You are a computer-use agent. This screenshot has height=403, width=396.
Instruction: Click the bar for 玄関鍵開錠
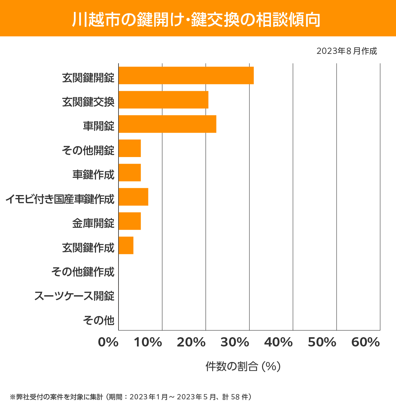pyautogui.click(x=186, y=75)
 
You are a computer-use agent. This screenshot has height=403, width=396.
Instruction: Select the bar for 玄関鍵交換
pyautogui.click(x=163, y=100)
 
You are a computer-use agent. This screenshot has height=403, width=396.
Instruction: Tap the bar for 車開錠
pyautogui.click(x=167, y=124)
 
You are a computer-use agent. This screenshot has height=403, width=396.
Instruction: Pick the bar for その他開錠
pyautogui.click(x=130, y=148)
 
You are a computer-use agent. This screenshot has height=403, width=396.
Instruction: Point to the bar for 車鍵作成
pyautogui.click(x=130, y=173)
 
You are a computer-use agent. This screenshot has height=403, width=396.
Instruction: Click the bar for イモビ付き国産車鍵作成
pyautogui.click(x=133, y=197)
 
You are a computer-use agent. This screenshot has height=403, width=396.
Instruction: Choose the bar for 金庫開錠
pyautogui.click(x=130, y=221)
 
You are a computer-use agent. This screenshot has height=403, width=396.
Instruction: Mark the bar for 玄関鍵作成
pyautogui.click(x=126, y=245)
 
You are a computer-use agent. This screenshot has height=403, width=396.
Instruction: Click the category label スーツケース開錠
pyautogui.click(x=75, y=296)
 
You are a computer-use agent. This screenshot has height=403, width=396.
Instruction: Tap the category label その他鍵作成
pyautogui.click(x=83, y=271)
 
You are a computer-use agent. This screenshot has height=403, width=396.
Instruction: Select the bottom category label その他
pyautogui.click(x=99, y=320)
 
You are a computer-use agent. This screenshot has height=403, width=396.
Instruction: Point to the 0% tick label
pyautogui.click(x=108, y=342)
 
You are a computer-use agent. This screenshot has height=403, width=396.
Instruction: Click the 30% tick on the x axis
pyautogui.click(x=235, y=342)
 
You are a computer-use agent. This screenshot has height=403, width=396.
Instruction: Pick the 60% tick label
pyautogui.click(x=366, y=342)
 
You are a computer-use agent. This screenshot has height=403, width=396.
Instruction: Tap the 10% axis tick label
pyautogui.click(x=148, y=342)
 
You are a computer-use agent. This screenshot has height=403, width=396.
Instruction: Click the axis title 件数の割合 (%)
pyautogui.click(x=243, y=366)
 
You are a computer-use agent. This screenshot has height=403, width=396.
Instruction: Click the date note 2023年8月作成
pyautogui.click(x=346, y=51)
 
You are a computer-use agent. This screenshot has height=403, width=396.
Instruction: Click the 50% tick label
pyautogui.click(x=322, y=342)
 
